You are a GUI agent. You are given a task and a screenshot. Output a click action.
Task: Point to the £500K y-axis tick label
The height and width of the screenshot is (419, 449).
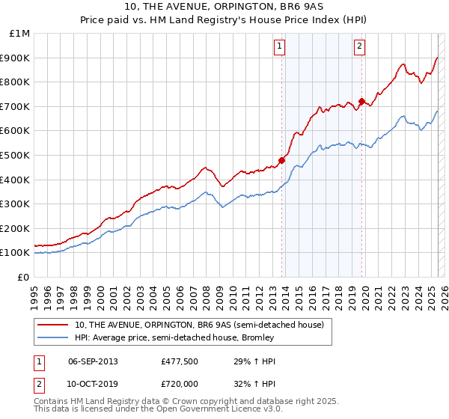pyautogui.click(x=16, y=156)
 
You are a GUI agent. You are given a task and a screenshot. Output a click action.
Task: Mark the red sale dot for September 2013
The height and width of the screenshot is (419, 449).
pyautogui.click(x=282, y=160)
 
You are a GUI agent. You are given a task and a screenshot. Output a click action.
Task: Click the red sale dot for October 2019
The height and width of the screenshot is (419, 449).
pyautogui.click(x=361, y=101)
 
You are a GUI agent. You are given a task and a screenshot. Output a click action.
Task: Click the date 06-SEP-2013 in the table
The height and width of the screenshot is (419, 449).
pyautogui.click(x=93, y=361)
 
